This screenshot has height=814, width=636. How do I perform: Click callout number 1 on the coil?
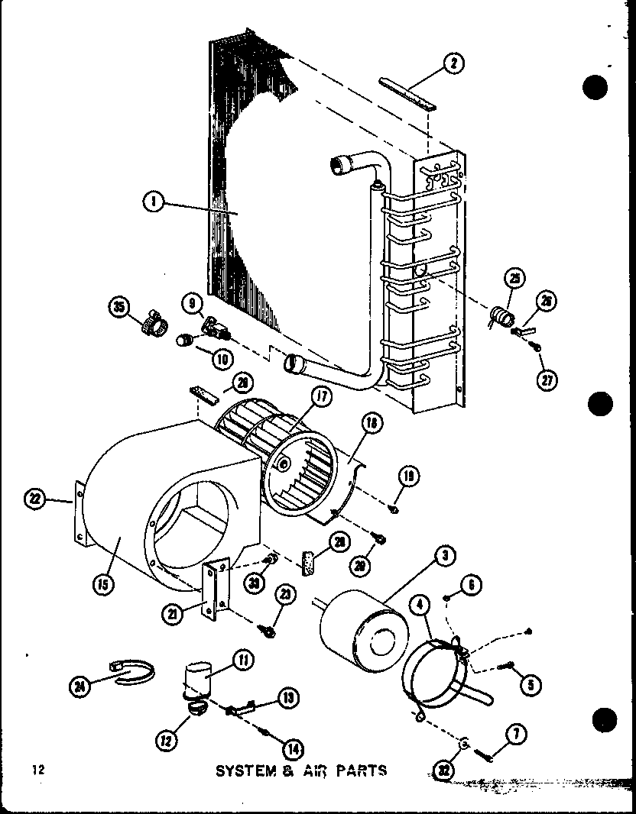(x=153, y=204)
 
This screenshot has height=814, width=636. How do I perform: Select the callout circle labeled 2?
(x=453, y=65)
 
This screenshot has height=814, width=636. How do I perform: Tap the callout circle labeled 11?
(x=245, y=659)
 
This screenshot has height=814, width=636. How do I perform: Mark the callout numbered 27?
(x=547, y=380)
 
